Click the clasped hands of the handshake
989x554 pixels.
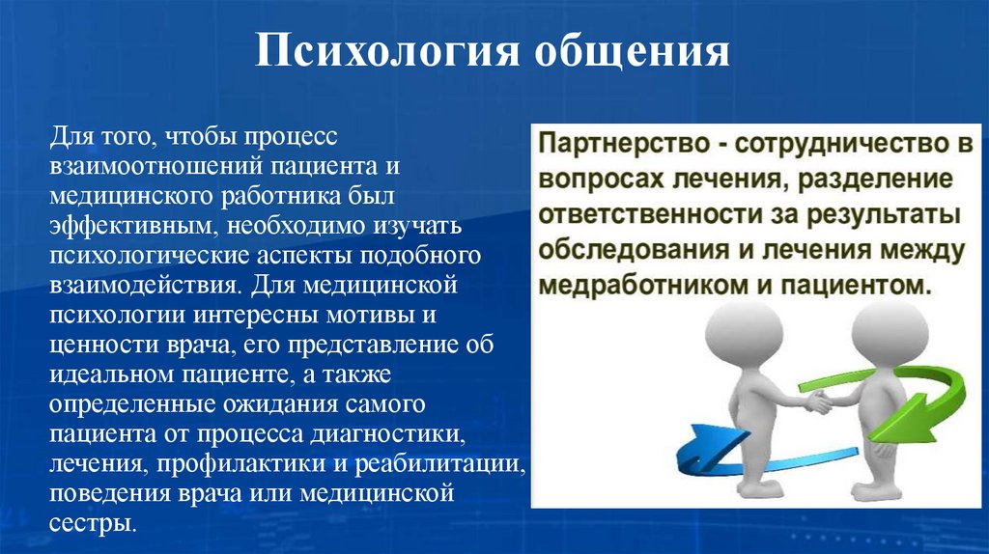point(815,399)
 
